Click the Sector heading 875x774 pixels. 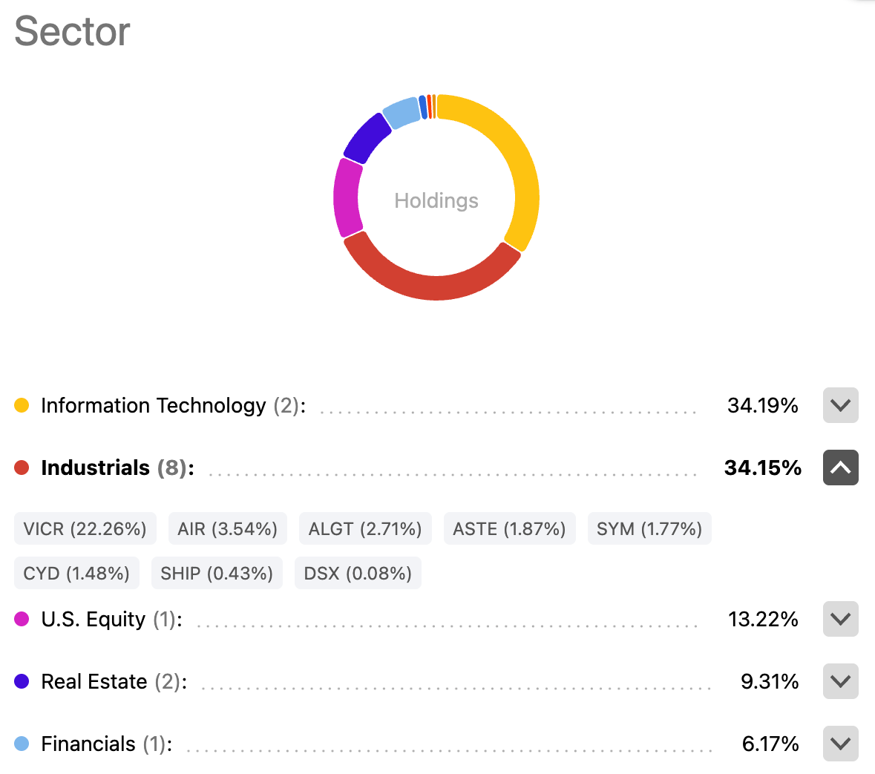[72, 32]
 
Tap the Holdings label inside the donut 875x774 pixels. [436, 200]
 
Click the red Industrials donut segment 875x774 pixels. [434, 286]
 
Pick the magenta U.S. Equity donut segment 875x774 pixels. [347, 197]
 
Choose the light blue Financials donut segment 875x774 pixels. [402, 112]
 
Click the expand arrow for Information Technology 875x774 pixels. [840, 405]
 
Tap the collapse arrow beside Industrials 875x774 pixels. [840, 468]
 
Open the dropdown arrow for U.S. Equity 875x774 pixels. [840, 619]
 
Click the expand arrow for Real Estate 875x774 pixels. [840, 681]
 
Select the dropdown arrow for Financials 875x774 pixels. [840, 744]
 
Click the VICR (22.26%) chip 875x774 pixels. [85, 528]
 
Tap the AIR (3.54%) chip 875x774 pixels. [227, 528]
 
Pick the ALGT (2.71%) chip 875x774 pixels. [365, 528]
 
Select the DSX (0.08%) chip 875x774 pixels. [358, 573]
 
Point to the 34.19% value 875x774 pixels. [762, 405]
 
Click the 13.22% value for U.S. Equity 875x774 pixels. [762, 619]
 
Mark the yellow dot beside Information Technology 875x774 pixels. [22, 405]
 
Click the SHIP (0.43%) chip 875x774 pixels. [217, 573]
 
